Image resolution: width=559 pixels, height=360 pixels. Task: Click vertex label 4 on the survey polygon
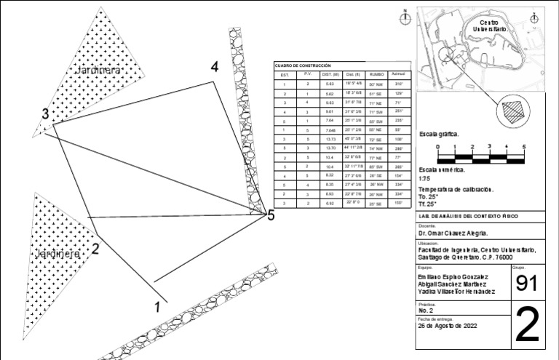pyautogui.click(x=215, y=67)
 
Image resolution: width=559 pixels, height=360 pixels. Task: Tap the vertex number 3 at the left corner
pyautogui.click(x=45, y=113)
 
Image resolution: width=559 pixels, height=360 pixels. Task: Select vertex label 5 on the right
pyautogui.click(x=271, y=215)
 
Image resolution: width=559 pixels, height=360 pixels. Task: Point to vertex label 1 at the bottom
pyautogui.click(x=157, y=307)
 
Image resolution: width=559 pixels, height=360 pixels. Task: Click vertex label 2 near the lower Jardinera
pyautogui.click(x=95, y=248)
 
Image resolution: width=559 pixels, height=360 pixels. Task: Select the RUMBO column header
pyautogui.click(x=376, y=74)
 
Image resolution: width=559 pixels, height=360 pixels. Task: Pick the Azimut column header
pyautogui.click(x=398, y=74)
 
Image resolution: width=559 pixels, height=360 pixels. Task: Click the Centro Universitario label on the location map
pyautogui.click(x=493, y=25)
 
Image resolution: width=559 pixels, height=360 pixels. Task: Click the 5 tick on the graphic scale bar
pyautogui.click(x=524, y=147)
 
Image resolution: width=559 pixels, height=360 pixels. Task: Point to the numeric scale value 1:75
pyautogui.click(x=425, y=178)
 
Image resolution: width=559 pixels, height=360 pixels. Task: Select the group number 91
pyautogui.click(x=526, y=285)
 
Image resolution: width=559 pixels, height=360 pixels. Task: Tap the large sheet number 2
pyautogui.click(x=526, y=327)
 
